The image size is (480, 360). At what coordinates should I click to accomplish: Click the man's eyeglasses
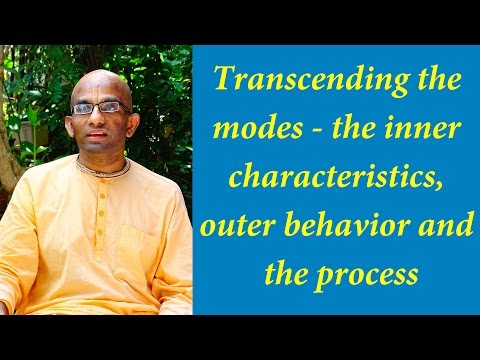pos(99,107)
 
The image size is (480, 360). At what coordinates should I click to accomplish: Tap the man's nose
pos(99,117)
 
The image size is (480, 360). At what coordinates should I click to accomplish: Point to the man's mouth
pos(100,133)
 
